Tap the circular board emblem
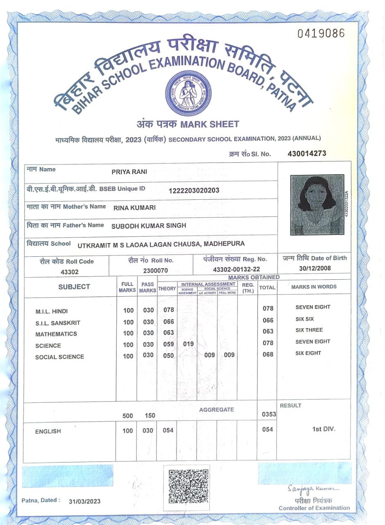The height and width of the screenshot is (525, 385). pyautogui.click(x=188, y=93)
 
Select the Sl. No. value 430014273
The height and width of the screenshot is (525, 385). pyautogui.click(x=307, y=154)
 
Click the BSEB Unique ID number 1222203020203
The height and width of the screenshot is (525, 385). pyautogui.click(x=194, y=190)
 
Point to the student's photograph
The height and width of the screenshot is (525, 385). pyautogui.click(x=317, y=205)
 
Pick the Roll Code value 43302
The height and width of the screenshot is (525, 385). pyautogui.click(x=69, y=272)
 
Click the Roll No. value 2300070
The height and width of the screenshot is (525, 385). pyautogui.click(x=155, y=271)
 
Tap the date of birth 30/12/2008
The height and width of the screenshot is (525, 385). pyautogui.click(x=314, y=268)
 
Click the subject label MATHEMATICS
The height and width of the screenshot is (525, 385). pyautogui.click(x=56, y=334)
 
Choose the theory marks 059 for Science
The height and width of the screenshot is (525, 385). pyautogui.click(x=169, y=344)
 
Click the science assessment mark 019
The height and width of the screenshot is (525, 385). pyautogui.click(x=188, y=344)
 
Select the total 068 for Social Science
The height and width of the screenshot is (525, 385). pyautogui.click(x=268, y=354)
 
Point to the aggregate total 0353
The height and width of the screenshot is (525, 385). pyautogui.click(x=269, y=414)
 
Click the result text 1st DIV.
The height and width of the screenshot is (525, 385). pyautogui.click(x=323, y=429)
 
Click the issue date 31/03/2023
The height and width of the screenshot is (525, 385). pyautogui.click(x=84, y=501)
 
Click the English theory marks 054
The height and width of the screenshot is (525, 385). pyautogui.click(x=168, y=430)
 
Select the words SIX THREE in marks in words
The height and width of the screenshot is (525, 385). pyautogui.click(x=309, y=330)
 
